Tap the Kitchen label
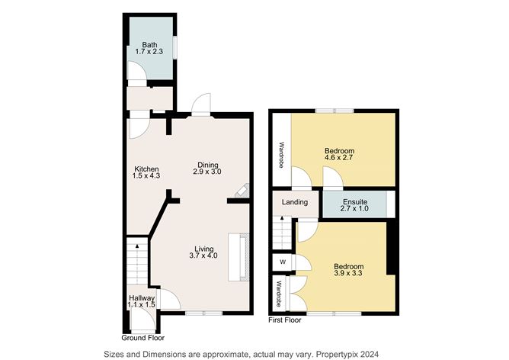pos(146,169)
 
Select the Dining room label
pos(208,165)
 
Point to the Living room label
pos(203,248)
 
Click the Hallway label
pos(141,298)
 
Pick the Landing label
pos(294,202)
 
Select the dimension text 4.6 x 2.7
pos(339,159)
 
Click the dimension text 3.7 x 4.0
pos(203,256)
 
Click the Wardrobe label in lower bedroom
pos(280,293)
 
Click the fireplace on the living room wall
pos(243,257)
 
